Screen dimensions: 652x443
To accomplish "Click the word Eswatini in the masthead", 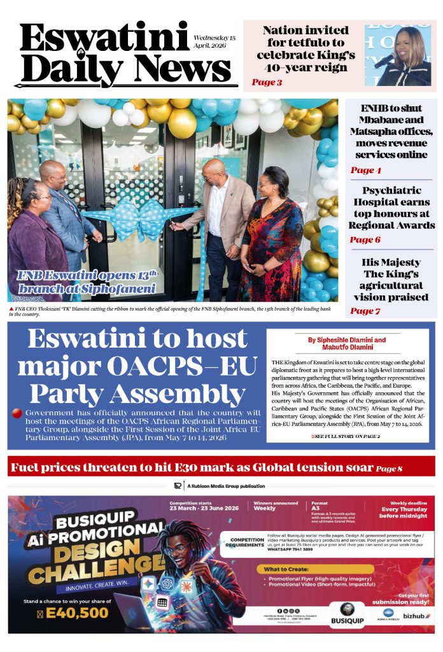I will point(104,39).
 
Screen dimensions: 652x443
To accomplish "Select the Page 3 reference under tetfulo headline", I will point(267,82).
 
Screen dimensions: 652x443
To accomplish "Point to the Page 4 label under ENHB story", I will point(366,170).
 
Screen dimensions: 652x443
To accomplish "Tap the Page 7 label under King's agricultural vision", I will point(365,311).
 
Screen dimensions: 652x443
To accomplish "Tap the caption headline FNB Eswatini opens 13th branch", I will point(88,281).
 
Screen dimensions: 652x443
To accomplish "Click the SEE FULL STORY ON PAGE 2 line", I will point(346,436).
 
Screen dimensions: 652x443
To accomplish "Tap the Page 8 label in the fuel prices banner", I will point(389,469).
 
